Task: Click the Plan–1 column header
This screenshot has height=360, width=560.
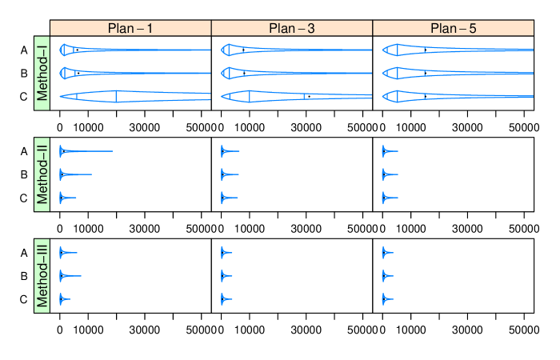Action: [x=130, y=28]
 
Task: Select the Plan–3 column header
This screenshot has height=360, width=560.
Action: [x=292, y=28]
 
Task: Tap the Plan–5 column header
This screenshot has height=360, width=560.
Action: [x=453, y=28]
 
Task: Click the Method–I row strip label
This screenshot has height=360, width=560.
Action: [x=42, y=73]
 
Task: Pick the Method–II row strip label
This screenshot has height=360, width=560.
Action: [x=42, y=174]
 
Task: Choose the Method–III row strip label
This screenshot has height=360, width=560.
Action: [x=42, y=275]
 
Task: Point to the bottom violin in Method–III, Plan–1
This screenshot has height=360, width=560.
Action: [x=62, y=299]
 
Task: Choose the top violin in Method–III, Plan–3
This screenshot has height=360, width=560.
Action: [x=224, y=254]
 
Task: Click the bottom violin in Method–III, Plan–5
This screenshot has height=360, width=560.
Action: [x=386, y=299]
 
